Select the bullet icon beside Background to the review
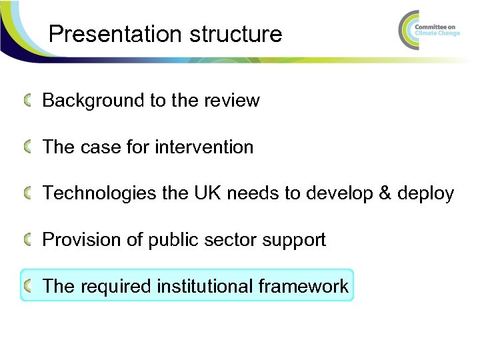pyautogui.click(x=29, y=101)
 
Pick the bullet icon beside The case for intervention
pyautogui.click(x=29, y=147)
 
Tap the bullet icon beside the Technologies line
pyautogui.click(x=29, y=193)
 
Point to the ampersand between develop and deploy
pyautogui.click(x=383, y=193)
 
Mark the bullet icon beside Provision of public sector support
pyautogui.click(x=29, y=239)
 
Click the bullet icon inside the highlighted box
pyautogui.click(x=29, y=286)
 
